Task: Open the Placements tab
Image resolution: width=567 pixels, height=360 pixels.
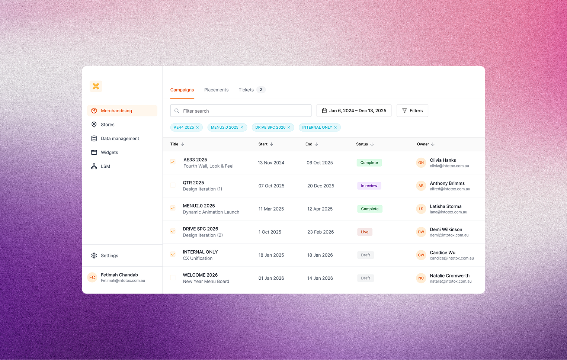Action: (x=216, y=90)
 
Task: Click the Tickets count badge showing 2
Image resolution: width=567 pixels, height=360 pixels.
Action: (x=261, y=90)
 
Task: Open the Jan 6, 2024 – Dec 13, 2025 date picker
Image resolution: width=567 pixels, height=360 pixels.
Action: (x=354, y=111)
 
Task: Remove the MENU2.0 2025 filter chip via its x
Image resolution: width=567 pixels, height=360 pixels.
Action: (x=242, y=128)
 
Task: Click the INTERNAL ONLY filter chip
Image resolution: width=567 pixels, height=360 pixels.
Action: (x=317, y=128)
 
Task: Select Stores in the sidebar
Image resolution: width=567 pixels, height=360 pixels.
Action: (x=108, y=125)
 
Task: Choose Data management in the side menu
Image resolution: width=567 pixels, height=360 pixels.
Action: (x=120, y=139)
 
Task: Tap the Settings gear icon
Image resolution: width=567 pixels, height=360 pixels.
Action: (x=94, y=255)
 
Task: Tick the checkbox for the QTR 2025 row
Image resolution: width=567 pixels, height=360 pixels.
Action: (x=173, y=185)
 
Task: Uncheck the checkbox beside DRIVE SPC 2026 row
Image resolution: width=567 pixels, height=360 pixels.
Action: (x=173, y=231)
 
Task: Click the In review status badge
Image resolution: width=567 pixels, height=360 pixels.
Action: (x=369, y=186)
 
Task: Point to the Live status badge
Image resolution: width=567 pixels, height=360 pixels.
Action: (x=365, y=232)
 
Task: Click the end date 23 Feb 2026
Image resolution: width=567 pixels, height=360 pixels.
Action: (x=320, y=232)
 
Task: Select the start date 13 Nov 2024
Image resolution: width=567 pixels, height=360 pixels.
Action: (x=271, y=163)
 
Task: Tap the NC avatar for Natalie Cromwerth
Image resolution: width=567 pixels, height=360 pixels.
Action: (x=421, y=278)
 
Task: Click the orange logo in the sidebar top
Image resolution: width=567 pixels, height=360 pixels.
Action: (x=96, y=86)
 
